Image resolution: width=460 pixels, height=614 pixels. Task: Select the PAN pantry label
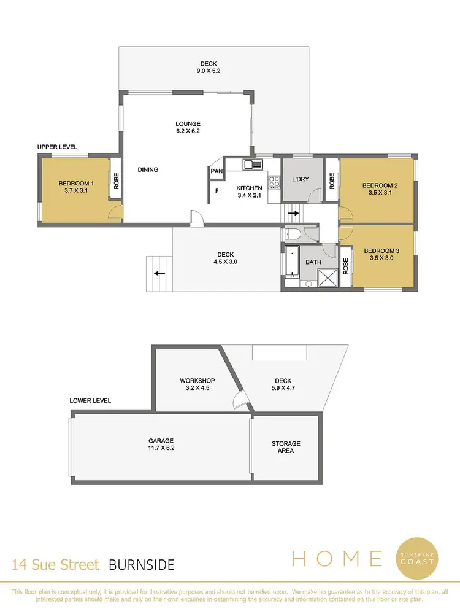coord(216,171)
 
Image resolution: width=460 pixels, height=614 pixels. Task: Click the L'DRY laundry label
coord(300,179)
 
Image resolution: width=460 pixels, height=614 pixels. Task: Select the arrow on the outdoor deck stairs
coord(159,274)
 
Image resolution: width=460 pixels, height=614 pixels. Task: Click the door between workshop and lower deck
coord(240,402)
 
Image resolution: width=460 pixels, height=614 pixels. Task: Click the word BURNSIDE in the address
coord(142,564)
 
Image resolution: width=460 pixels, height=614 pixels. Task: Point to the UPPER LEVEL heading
coord(56,147)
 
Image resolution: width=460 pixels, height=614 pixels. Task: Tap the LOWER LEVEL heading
coord(90,400)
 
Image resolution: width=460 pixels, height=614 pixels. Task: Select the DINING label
coord(148,169)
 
